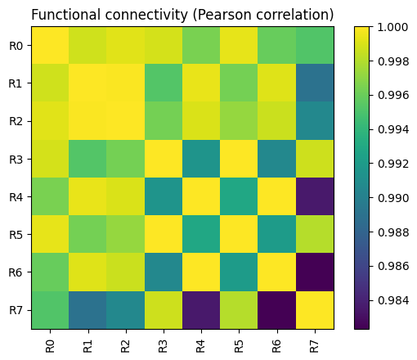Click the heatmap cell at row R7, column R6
tap(277, 310)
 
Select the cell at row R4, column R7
tap(315, 196)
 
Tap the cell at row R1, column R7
tap(315, 83)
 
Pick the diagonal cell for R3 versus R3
tap(164, 159)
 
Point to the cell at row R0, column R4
tap(201, 45)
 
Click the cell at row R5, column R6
tap(277, 234)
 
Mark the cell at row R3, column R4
tap(201, 159)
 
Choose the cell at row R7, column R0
tap(50, 310)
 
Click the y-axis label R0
tap(16, 46)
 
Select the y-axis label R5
tap(16, 235)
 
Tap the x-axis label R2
tap(125, 346)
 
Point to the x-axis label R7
tap(314, 346)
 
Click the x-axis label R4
tap(200, 346)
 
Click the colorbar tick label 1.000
tap(393, 27)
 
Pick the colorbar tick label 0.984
tap(393, 300)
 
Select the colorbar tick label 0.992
tap(393, 164)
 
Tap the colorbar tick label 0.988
tap(393, 232)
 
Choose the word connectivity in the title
tap(146, 16)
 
